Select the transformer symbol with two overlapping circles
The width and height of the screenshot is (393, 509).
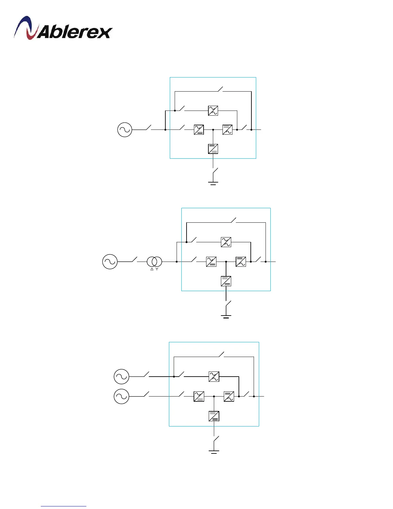[x=154, y=262]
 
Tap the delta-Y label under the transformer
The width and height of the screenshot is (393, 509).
[x=154, y=269]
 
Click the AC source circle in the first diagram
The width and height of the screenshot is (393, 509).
[x=125, y=130]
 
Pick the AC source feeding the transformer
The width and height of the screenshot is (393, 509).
[x=110, y=262]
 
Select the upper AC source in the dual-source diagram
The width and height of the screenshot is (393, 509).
[x=121, y=377]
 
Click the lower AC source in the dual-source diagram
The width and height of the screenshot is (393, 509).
[x=121, y=397]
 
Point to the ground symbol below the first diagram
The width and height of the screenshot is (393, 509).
[x=213, y=183]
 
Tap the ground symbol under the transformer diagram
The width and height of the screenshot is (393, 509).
[x=226, y=317]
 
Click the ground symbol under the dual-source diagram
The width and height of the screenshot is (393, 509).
[x=214, y=452]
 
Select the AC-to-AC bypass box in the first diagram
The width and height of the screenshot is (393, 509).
[x=213, y=111]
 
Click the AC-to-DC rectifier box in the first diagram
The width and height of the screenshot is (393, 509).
[x=199, y=130]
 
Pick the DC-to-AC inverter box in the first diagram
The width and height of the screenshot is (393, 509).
[x=227, y=130]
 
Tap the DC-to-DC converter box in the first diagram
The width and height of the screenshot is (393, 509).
[x=213, y=149]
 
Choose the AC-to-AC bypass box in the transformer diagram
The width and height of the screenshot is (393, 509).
[x=226, y=242]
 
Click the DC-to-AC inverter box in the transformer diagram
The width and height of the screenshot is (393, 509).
[x=241, y=262]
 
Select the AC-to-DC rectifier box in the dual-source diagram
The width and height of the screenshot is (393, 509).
[x=199, y=397]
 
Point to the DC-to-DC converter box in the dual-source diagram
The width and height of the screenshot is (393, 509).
[x=214, y=416]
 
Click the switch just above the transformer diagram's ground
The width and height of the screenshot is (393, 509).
[x=228, y=304]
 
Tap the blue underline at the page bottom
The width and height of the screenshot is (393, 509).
[x=64, y=506]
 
